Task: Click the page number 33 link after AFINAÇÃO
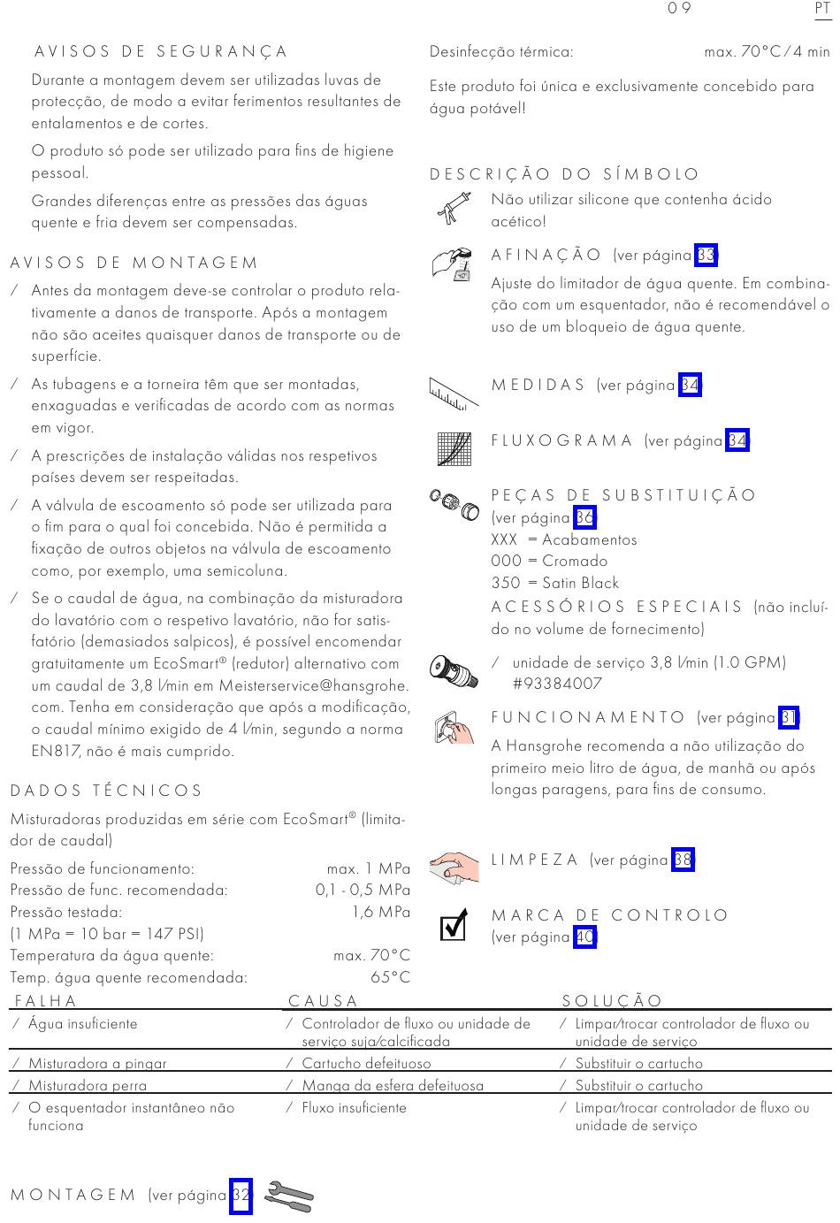(x=706, y=256)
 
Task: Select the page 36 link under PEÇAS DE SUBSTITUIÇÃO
(x=584, y=517)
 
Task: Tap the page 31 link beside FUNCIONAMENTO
(x=790, y=717)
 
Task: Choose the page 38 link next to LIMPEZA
(x=683, y=860)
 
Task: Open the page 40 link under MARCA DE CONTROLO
(x=584, y=936)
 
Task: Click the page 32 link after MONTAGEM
(x=241, y=1196)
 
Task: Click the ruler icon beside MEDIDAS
(x=453, y=393)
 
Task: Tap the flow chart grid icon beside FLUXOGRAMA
(x=454, y=448)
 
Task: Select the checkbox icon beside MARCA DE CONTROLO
(x=453, y=926)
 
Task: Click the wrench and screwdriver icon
(x=289, y=1196)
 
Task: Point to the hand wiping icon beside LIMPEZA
(x=454, y=868)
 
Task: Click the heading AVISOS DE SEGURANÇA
(x=162, y=51)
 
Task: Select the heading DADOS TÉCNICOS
(x=107, y=791)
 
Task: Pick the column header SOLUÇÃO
(x=613, y=1001)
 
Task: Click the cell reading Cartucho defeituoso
(x=366, y=1064)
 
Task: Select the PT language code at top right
(x=822, y=8)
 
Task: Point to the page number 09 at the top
(x=679, y=8)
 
